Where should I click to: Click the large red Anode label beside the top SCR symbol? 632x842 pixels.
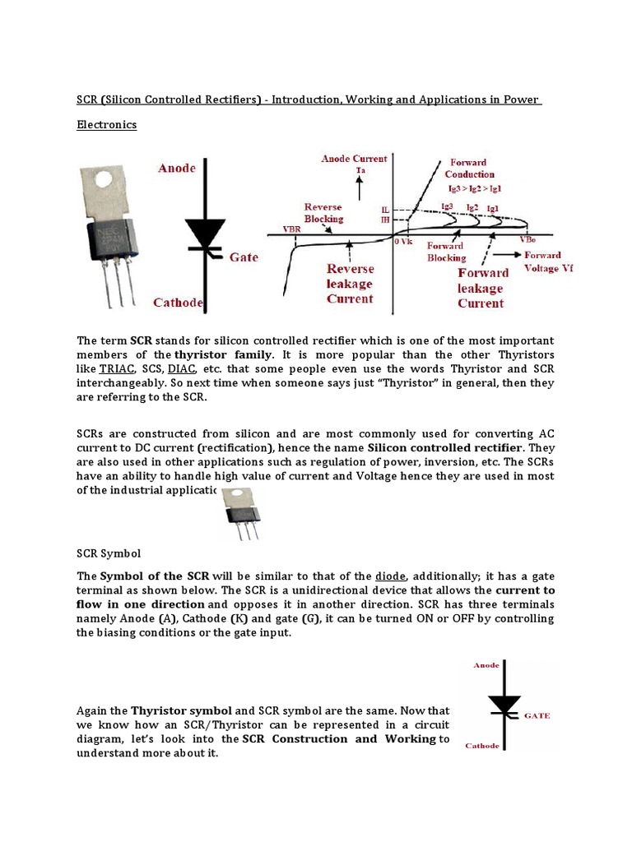pos(177,168)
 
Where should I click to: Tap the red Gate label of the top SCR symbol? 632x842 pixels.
pos(244,257)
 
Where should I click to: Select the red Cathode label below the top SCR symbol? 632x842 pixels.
pos(179,303)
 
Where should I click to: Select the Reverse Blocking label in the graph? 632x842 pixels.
pos(323,214)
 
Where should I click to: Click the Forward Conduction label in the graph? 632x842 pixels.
pos(469,168)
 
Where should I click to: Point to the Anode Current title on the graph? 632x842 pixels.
pos(354,159)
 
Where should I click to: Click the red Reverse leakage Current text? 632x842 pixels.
pos(350,284)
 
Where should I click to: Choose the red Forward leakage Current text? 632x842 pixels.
pos(481,288)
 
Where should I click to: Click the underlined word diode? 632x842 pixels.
pos(390,576)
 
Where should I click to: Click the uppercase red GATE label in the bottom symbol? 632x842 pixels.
pos(537,715)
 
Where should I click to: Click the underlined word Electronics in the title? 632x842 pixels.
pos(106,125)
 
